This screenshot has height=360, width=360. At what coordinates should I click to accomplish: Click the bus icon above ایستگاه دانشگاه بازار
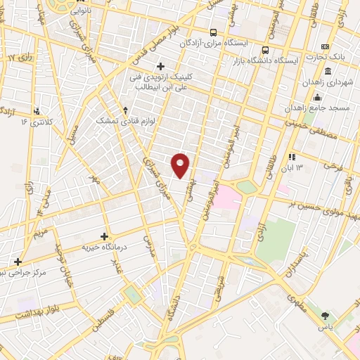coord(266,50)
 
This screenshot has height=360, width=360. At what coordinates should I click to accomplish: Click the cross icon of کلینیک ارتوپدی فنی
coord(161,67)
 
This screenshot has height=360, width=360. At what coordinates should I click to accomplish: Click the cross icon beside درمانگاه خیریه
coord(105,236)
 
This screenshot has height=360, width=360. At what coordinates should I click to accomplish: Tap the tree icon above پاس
coord(324,316)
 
